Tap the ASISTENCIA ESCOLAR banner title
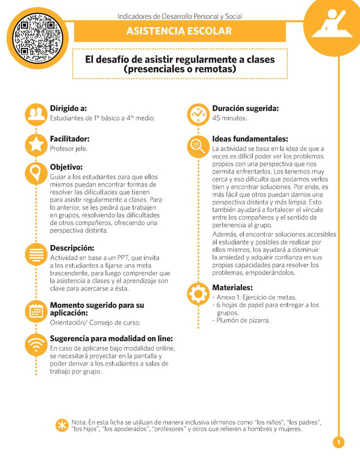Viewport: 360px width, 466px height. point(179,31)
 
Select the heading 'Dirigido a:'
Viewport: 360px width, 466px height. point(68,108)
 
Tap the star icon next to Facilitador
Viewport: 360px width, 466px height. point(36,144)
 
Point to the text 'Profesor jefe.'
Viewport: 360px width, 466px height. point(69,148)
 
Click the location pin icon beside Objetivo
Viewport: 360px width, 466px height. point(36,173)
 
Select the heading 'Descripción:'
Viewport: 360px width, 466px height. point(72,248)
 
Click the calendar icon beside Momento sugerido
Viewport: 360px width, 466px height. point(36,311)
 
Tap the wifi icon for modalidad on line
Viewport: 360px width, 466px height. point(36,345)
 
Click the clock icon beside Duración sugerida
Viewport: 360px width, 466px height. point(198,114)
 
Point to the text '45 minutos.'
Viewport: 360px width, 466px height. point(229,118)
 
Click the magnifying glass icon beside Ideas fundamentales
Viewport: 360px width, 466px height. point(198,146)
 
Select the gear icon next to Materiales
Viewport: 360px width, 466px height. point(198,293)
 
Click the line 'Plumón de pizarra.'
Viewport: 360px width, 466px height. point(243,320)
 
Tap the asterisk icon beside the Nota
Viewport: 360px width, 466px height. point(62,425)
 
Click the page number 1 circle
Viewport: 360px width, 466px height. point(338,442)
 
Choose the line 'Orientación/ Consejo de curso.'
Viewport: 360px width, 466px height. point(95,322)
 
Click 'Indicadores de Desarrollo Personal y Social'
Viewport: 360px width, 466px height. point(179,16)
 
